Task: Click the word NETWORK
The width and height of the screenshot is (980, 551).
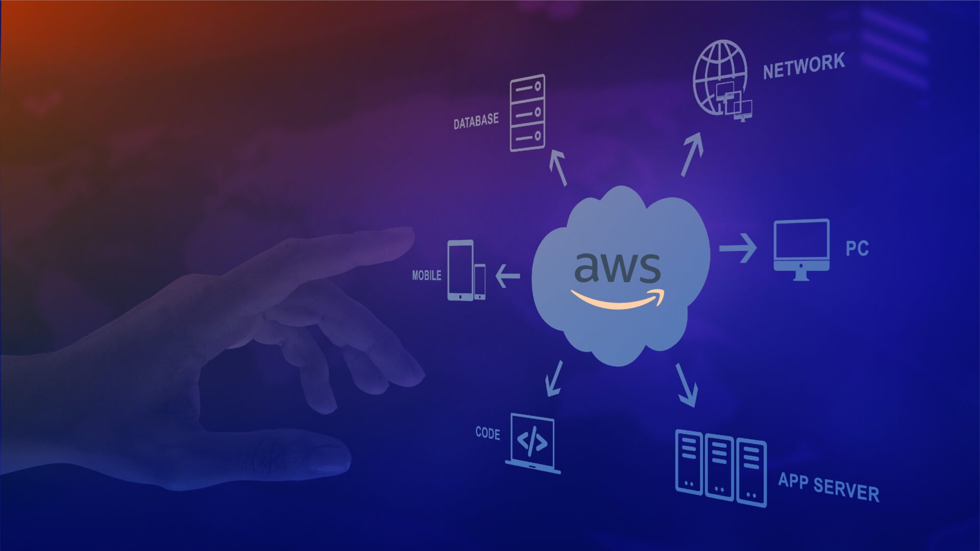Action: (803, 66)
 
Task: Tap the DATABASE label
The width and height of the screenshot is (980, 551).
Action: (476, 121)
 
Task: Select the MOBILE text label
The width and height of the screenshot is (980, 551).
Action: (426, 275)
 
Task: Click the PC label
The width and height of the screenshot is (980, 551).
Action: (856, 248)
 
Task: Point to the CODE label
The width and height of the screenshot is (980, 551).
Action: (487, 433)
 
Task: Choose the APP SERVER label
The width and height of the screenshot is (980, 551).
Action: (828, 487)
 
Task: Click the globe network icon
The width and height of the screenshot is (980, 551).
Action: (720, 78)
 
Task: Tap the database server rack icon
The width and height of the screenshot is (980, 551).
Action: (528, 113)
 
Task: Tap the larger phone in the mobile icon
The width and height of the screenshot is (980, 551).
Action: (460, 270)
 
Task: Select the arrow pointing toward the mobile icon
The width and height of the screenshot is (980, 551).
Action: (507, 276)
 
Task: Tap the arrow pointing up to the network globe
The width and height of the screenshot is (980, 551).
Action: (692, 154)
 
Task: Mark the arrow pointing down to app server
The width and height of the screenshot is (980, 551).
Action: (687, 385)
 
